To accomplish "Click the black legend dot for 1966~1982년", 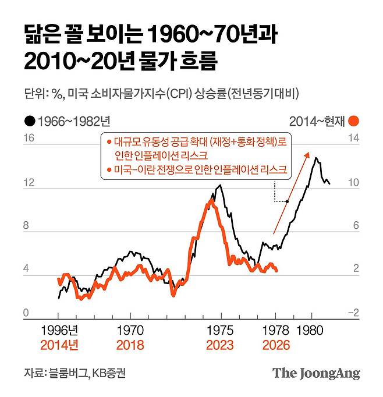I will (29, 122).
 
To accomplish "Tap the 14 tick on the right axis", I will (353, 139).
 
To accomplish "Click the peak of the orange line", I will (210, 201).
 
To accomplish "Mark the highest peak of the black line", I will (315, 158).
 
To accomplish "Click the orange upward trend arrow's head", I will (308, 153).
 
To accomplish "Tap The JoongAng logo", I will (317, 373).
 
